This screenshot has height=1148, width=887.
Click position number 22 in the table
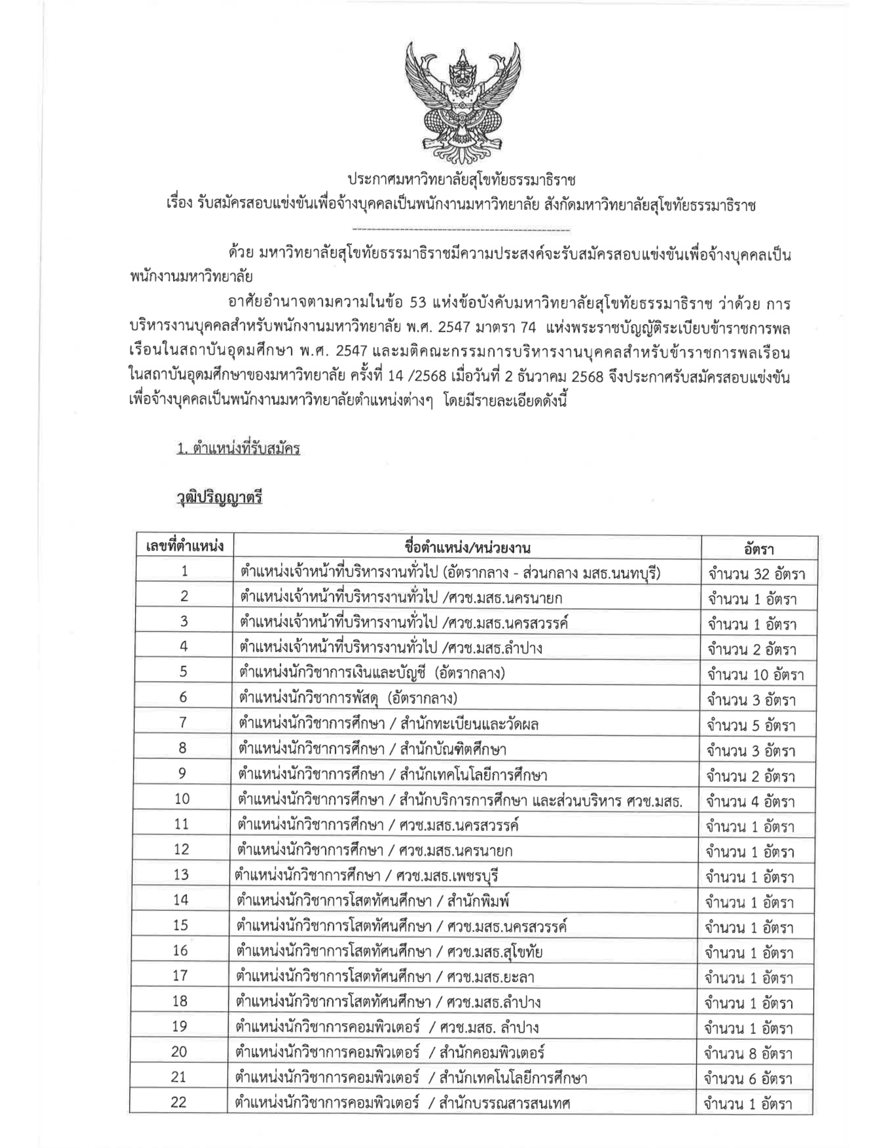179,1102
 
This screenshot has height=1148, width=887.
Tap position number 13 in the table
181,874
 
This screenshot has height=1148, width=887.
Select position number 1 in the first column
184,571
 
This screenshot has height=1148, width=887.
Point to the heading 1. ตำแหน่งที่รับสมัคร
239,449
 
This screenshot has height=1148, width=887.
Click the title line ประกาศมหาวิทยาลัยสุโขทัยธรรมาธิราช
462,180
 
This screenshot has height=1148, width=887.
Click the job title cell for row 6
348,698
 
